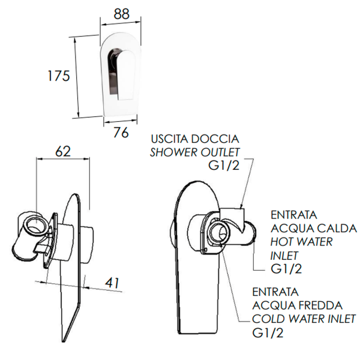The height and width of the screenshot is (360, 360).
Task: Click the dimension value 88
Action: (x=121, y=14)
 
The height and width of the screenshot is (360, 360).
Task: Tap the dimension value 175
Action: (x=58, y=76)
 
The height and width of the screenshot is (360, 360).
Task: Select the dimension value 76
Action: (x=121, y=133)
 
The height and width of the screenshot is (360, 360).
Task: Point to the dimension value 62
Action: (x=63, y=151)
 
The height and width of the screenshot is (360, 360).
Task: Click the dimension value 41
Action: (x=112, y=283)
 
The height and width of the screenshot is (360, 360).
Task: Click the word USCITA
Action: (x=170, y=139)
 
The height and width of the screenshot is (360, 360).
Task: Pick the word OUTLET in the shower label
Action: (x=220, y=152)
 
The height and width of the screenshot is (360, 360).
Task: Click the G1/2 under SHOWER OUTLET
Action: (x=224, y=166)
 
